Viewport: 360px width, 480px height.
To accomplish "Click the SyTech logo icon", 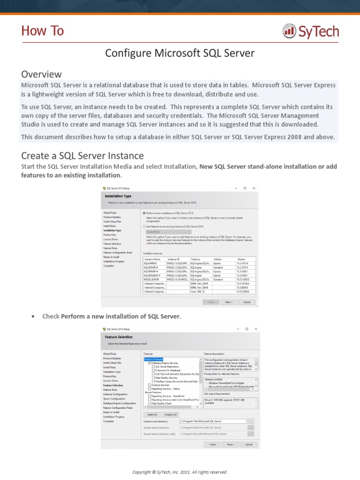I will [289, 31].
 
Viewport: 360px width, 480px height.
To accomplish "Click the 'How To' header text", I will [42, 31].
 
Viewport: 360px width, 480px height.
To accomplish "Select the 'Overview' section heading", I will [41, 74].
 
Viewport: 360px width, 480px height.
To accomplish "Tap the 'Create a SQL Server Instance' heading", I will [82, 155].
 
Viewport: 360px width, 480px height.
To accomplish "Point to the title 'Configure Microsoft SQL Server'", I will [180, 53].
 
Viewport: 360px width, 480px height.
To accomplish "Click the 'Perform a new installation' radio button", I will [144, 213].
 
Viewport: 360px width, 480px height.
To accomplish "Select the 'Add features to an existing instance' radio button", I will [144, 226].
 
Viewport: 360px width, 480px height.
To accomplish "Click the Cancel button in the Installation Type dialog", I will [247, 289].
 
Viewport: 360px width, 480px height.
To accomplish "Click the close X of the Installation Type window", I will [254, 188].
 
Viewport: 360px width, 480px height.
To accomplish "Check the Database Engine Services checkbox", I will [150, 363].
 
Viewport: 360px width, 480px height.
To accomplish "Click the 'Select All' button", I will [152, 414].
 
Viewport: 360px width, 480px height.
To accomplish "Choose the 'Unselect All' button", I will [170, 414].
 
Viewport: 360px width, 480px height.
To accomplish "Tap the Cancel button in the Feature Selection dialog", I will [248, 444].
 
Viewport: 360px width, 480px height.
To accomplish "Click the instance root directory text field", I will [213, 421].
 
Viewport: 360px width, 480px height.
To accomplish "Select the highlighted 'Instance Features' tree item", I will [153, 359].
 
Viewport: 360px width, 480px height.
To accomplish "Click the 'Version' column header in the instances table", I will [241, 259].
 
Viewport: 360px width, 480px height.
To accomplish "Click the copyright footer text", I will [180, 472].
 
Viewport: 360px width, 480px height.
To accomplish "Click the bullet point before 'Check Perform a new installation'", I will [33, 316].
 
